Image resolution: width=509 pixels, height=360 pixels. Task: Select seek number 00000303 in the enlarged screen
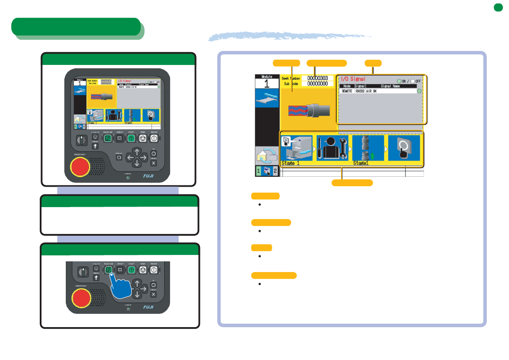[318, 78]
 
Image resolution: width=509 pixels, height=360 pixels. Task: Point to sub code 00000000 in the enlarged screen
[318, 84]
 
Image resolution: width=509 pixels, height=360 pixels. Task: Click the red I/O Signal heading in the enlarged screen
[353, 79]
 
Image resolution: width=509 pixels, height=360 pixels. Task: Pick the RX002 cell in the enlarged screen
[359, 91]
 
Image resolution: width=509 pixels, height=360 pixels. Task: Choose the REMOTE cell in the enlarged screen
[347, 91]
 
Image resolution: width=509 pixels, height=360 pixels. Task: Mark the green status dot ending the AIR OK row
[419, 91]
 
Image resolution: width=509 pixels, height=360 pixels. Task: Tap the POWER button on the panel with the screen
[154, 138]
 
